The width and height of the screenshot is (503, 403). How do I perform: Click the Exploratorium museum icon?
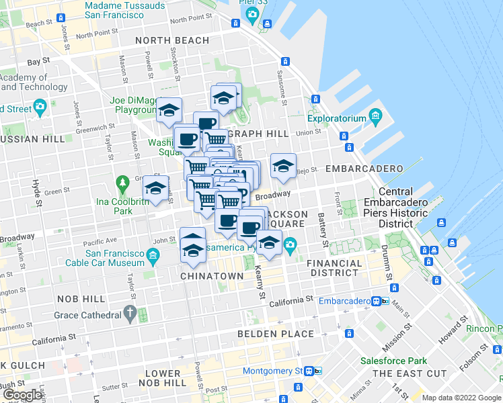(375, 119)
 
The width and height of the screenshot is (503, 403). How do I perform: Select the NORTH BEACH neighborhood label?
(172, 40)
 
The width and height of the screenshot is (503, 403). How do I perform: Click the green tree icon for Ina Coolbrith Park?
(122, 183)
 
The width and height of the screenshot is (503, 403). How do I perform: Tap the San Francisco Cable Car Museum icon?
(153, 255)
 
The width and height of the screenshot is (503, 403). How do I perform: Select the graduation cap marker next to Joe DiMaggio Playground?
(169, 109)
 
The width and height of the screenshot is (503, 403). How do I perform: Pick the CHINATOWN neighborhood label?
(212, 276)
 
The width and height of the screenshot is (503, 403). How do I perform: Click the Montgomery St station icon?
(309, 371)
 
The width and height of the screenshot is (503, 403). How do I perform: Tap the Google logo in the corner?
(22, 395)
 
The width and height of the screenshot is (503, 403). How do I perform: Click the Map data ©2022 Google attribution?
(461, 398)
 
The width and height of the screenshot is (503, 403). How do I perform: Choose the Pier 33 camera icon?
(252, 14)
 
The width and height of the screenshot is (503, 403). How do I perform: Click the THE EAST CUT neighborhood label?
(410, 373)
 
